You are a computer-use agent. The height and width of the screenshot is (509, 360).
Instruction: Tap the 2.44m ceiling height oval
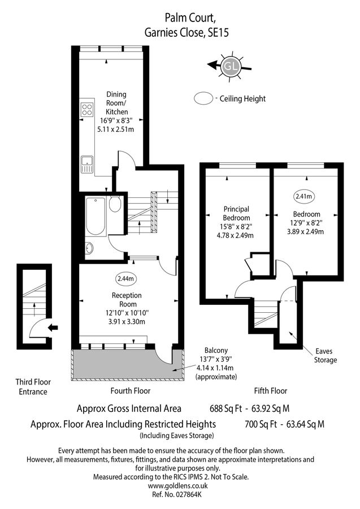125,279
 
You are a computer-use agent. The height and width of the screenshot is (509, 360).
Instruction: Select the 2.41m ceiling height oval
304,196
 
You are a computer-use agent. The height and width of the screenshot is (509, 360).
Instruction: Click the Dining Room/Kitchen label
116,111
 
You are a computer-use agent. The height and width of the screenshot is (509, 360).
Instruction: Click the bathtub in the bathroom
94,217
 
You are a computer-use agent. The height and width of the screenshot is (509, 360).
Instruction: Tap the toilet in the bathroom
115,204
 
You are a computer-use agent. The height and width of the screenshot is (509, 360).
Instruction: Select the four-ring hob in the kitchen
87,109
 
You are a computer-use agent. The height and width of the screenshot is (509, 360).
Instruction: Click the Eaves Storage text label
325,356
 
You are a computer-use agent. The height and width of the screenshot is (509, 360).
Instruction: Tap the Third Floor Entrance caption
32,387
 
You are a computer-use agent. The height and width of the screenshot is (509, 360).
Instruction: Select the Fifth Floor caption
271,390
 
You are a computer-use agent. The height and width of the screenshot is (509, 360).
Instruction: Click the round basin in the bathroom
90,247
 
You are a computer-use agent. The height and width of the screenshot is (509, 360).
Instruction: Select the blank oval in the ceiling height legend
203,98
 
